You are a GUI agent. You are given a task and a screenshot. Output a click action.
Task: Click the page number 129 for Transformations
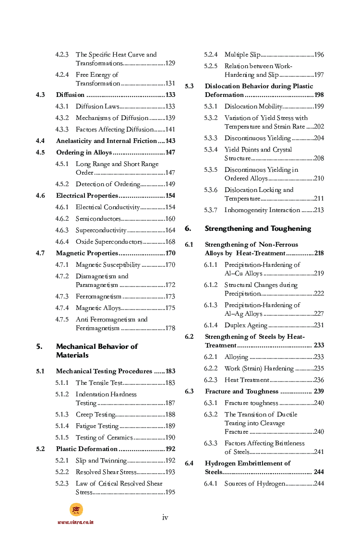click(x=170, y=63)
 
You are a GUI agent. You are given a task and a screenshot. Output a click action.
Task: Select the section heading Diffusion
click(x=70, y=95)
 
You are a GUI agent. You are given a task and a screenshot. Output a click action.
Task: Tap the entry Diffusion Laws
click(x=97, y=107)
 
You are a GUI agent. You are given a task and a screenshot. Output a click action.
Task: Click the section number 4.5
click(x=40, y=153)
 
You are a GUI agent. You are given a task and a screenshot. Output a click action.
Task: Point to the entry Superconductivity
click(x=101, y=230)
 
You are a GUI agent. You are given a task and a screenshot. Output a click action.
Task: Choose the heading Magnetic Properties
click(x=87, y=253)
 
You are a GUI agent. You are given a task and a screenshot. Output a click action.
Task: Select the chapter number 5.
click(x=39, y=346)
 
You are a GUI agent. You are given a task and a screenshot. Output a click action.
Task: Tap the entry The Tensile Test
click(x=99, y=383)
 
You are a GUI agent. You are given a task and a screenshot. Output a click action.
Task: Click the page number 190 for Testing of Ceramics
click(x=170, y=438)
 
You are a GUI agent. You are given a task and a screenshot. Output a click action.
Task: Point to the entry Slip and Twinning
click(x=101, y=461)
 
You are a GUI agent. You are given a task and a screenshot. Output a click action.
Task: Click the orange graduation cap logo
click(x=76, y=510)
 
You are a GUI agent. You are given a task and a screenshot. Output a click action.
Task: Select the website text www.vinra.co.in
click(x=75, y=522)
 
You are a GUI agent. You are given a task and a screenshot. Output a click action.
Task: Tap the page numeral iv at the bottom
click(x=165, y=517)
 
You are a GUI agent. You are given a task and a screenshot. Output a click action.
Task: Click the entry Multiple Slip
click(x=242, y=55)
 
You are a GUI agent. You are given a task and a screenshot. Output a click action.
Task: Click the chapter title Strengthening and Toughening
click(x=258, y=228)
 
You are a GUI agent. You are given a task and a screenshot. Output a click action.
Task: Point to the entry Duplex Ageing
click(x=246, y=325)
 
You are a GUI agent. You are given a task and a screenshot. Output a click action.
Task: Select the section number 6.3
click(x=189, y=392)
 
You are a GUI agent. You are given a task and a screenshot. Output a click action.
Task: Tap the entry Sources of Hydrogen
click(x=254, y=484)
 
